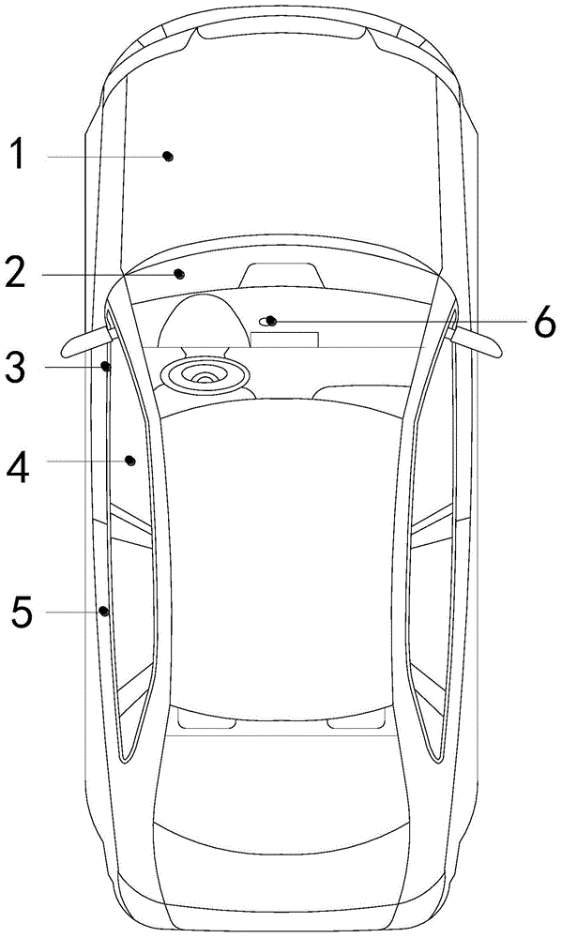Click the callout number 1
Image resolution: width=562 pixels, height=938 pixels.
point(19,153)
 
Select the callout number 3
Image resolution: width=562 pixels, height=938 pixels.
point(16,368)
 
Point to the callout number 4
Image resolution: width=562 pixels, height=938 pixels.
point(18,466)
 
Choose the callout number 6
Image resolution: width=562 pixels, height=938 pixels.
point(544,323)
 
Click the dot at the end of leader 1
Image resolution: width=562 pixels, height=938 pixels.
point(169,157)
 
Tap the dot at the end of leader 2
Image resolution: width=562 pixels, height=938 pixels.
point(179,274)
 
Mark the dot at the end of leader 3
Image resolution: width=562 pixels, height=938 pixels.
point(106,366)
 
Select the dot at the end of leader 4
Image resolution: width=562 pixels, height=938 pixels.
point(129,461)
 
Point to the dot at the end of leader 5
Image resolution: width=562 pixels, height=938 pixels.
point(104,612)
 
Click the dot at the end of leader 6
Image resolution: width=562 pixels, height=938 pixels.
point(271,321)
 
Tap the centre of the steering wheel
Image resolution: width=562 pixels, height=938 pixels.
point(205,377)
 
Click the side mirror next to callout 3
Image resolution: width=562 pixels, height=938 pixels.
point(86,340)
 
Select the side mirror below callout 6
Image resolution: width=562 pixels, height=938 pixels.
point(476,342)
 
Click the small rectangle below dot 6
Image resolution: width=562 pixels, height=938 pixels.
point(284,340)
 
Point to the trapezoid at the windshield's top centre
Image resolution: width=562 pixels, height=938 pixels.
point(281,275)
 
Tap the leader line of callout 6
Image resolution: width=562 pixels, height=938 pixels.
point(401,323)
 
